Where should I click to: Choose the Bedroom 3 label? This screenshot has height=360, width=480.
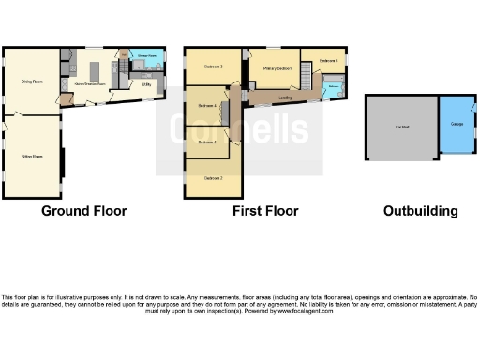[x=214, y=67]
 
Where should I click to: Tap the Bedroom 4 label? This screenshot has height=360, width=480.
[x=208, y=106]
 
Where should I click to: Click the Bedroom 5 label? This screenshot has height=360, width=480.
[x=208, y=142]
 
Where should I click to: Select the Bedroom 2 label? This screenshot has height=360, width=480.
[x=214, y=177]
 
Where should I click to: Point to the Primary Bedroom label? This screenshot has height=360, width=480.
[x=277, y=68]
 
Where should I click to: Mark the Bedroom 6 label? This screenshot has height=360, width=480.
[x=327, y=61]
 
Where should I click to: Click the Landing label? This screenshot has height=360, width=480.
[x=285, y=97]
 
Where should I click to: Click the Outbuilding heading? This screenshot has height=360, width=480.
[x=421, y=211]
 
